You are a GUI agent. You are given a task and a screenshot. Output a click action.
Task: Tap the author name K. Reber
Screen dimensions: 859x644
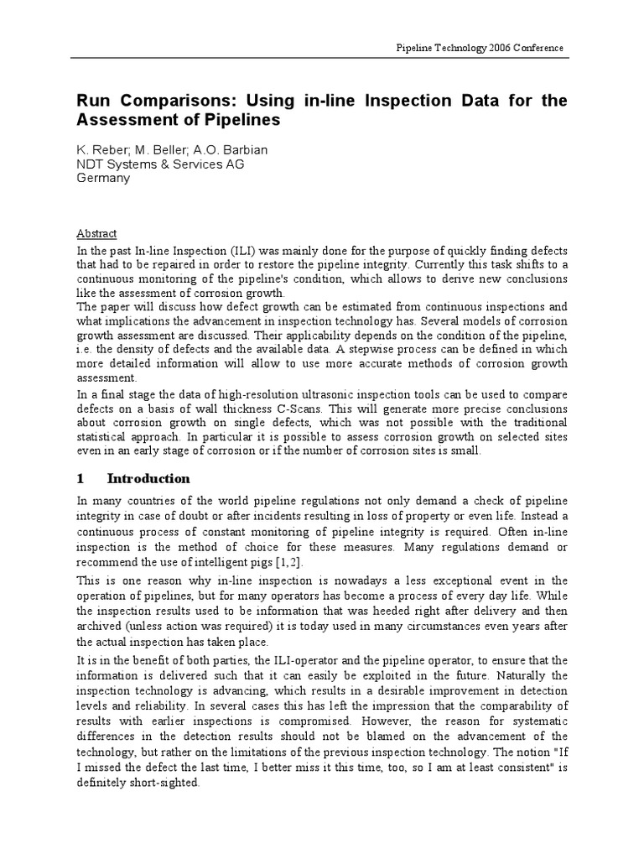(95, 150)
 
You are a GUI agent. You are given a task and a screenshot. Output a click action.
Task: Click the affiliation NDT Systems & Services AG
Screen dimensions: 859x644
(155, 164)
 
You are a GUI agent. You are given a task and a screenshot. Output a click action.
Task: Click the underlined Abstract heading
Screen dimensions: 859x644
(96, 234)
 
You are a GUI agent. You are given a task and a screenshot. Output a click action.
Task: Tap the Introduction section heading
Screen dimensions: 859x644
(148, 479)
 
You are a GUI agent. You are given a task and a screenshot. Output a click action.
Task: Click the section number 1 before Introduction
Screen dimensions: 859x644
(80, 479)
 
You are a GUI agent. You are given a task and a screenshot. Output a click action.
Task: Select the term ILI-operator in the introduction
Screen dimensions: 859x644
(317, 660)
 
